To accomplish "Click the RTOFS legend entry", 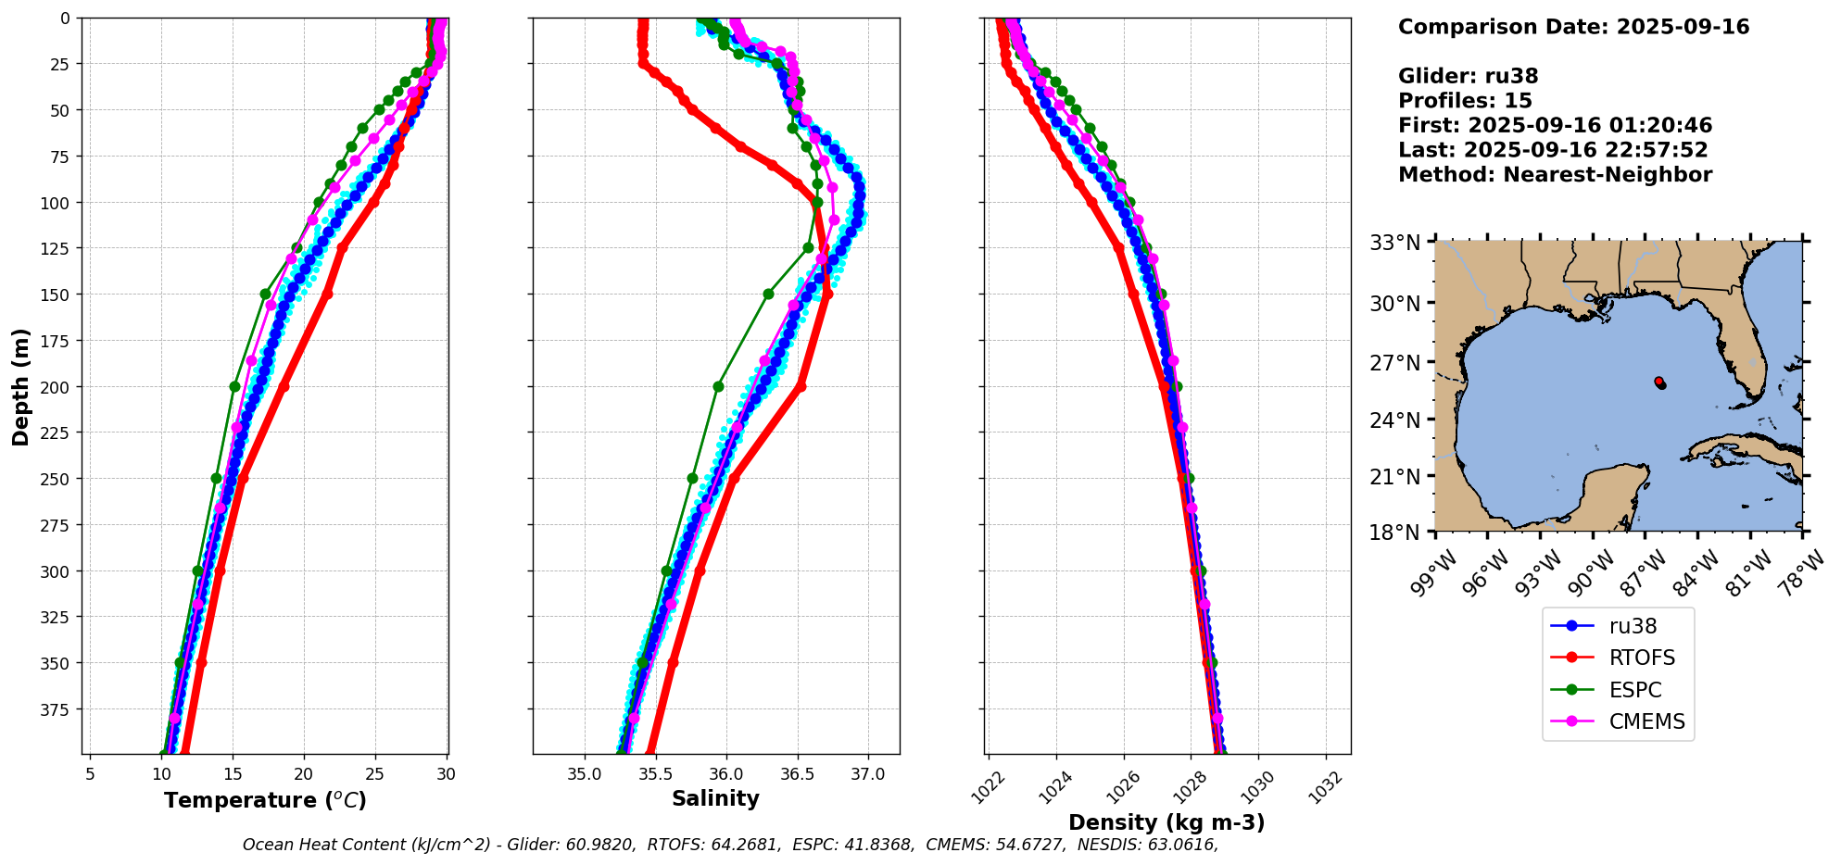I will tap(1641, 658).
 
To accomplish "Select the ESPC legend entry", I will tap(1634, 691).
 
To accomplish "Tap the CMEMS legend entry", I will tap(1646, 722).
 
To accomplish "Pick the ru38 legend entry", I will tap(1633, 627).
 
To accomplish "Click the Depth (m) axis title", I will tap(20, 386).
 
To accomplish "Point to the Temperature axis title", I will tap(265, 800).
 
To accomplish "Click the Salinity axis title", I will tap(715, 799).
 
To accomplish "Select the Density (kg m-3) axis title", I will tap(1166, 822).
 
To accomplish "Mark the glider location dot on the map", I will tap(1659, 382).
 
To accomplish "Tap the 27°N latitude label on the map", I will tap(1395, 362).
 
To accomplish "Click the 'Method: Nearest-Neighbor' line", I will tap(1555, 175).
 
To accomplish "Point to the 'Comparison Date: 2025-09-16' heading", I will tap(1573, 27).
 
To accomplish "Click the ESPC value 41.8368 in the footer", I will tap(874, 845).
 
